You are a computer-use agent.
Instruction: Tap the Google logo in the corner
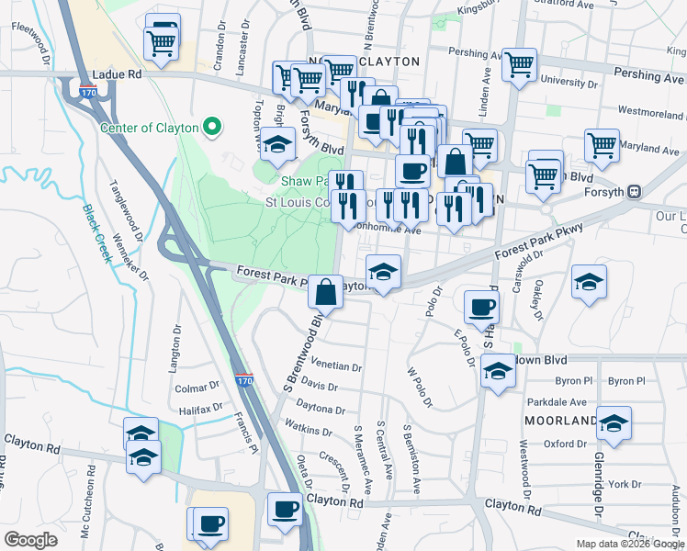point(30,540)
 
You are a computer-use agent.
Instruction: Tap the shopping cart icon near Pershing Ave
point(519,64)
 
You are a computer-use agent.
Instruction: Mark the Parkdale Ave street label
point(557,402)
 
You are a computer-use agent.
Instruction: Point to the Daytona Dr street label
point(321,410)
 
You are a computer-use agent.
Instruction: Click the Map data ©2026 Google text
point(628,544)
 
